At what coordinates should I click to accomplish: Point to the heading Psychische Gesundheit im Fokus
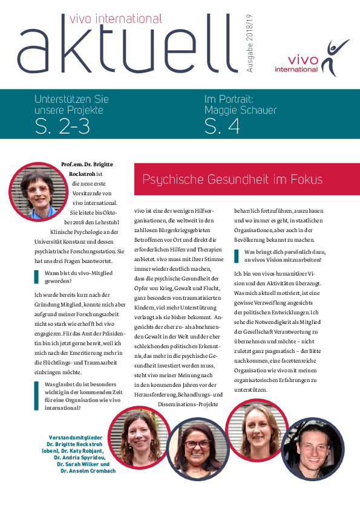pos(232,180)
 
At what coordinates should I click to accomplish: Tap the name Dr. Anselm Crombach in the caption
pos(88,470)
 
